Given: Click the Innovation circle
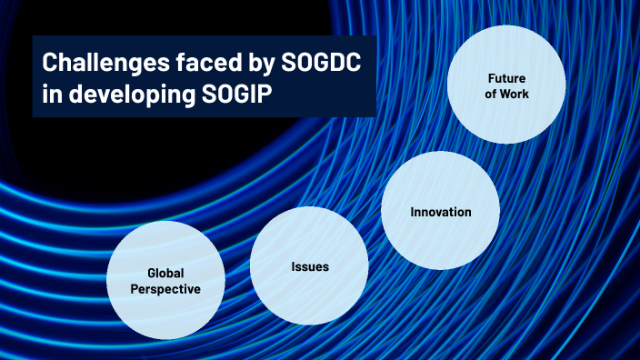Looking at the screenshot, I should pyautogui.click(x=441, y=212).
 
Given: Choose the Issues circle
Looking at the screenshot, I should pyautogui.click(x=309, y=266).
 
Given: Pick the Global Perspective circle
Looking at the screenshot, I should pyautogui.click(x=165, y=280).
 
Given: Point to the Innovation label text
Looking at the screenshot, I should pyautogui.click(x=441, y=212).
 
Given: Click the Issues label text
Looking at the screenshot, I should pyautogui.click(x=309, y=266).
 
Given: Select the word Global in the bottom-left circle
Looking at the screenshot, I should pyautogui.click(x=165, y=273).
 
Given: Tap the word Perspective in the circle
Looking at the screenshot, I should pyautogui.click(x=165, y=288).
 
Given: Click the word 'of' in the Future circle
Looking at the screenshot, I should pyautogui.click(x=492, y=94).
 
